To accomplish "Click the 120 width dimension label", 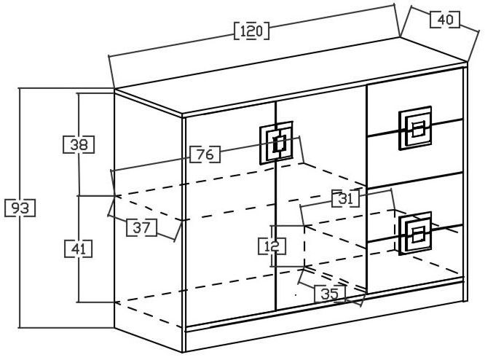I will pyautogui.click(x=251, y=31).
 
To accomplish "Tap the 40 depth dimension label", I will pyautogui.click(x=444, y=20).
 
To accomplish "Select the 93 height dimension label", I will pyautogui.click(x=20, y=208).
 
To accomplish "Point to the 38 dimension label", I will pyautogui.click(x=79, y=144).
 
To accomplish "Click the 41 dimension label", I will pyautogui.click(x=79, y=249).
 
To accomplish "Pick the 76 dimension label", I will pyautogui.click(x=205, y=154).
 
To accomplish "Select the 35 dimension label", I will pyautogui.click(x=330, y=294).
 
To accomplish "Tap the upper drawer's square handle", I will pyautogui.click(x=416, y=130).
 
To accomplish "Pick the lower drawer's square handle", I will pyautogui.click(x=416, y=233).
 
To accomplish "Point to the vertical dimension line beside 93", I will pyautogui.click(x=20, y=277).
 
